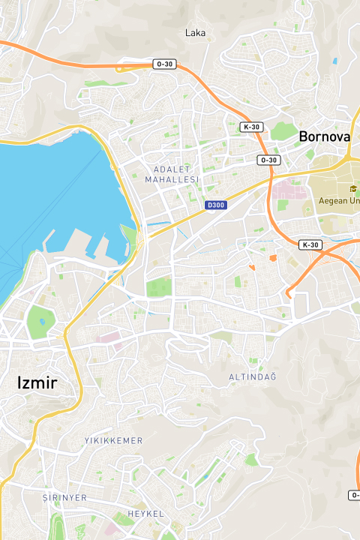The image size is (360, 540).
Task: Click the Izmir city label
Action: point(37,383)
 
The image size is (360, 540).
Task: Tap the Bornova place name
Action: point(324,136)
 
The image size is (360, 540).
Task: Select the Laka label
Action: point(195,32)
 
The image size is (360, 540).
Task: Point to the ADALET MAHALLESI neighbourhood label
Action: point(172,174)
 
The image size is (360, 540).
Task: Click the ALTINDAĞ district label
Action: point(253,376)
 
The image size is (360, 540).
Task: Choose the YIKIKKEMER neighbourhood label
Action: point(113,440)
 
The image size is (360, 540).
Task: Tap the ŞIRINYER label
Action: point(64,497)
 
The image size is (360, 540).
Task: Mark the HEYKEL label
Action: point(146,513)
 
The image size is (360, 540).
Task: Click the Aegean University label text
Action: point(339,200)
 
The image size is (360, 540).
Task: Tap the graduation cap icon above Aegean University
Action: point(353,188)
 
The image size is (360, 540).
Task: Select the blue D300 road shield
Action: point(215,205)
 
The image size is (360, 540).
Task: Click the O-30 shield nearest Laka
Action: point(164,64)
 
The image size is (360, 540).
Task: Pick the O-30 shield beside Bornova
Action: point(268,160)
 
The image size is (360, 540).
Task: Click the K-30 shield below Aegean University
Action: point(309,245)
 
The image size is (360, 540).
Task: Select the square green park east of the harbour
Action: point(158,287)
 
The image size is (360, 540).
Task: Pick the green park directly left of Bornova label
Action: point(282,132)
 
